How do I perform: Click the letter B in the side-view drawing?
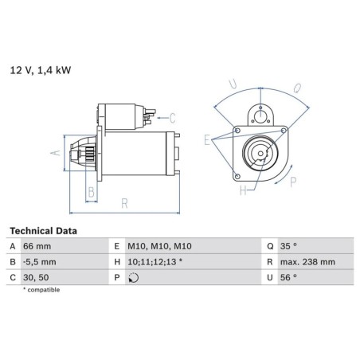tap(91, 192)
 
